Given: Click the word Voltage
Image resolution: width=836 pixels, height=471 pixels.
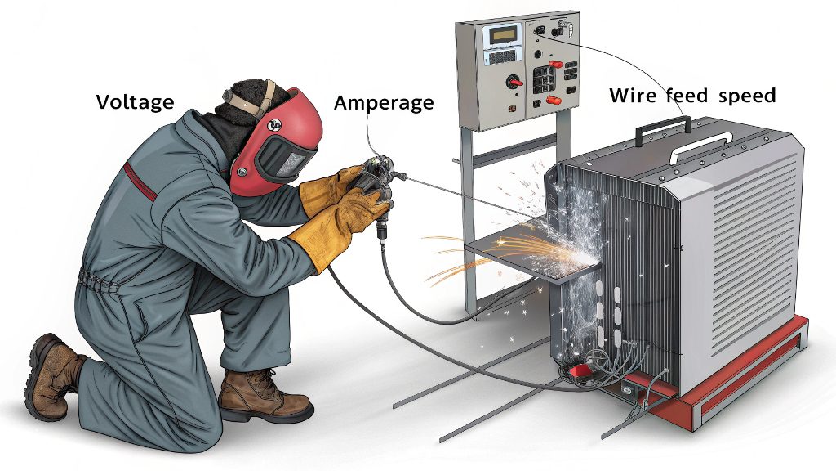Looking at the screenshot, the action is [x=135, y=101].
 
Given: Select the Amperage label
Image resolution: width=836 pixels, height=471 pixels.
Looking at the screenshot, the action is [x=384, y=102].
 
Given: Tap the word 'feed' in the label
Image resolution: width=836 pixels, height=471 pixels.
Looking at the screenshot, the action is [x=687, y=95].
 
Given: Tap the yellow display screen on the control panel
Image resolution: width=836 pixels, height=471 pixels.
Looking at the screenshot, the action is [x=503, y=34].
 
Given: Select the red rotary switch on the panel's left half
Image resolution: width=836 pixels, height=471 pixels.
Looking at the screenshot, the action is [x=514, y=82].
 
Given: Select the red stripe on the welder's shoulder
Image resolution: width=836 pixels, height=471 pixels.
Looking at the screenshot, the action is [x=140, y=181].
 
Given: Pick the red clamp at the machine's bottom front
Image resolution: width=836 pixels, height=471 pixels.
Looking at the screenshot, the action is [x=580, y=371].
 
